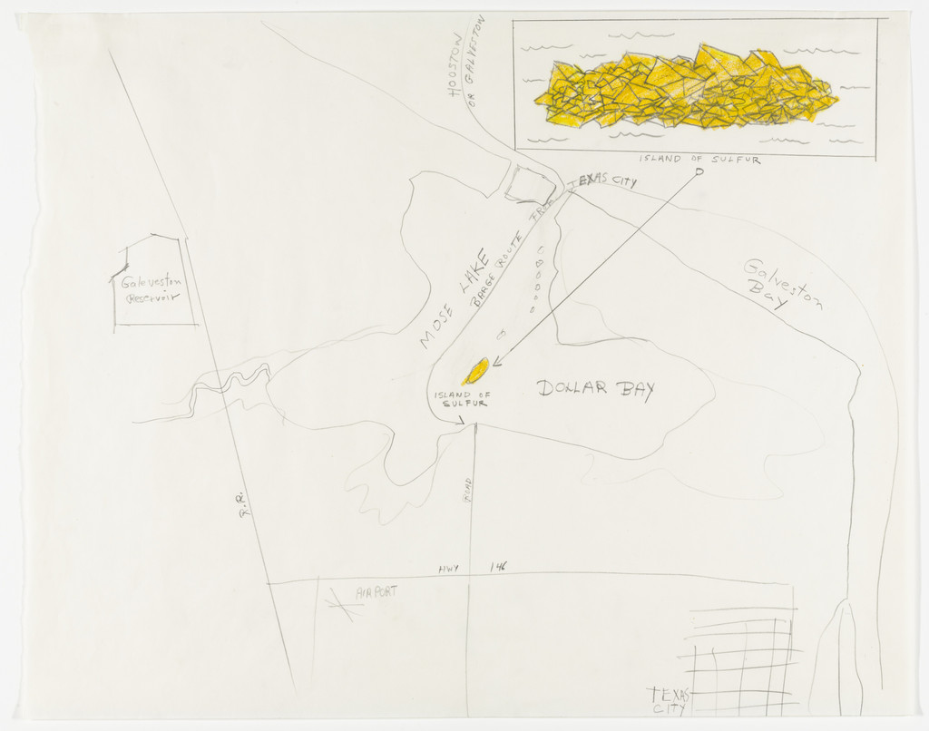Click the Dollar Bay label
595,389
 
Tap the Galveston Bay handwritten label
783,285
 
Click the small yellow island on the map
477,370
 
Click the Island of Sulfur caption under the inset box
699,160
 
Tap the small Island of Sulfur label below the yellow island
461,399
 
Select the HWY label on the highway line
449,569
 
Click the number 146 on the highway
498,567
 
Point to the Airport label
376,592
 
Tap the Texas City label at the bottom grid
670,700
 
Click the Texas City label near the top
601,180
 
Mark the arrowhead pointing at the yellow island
497,361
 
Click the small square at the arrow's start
699,172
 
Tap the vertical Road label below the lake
468,490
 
